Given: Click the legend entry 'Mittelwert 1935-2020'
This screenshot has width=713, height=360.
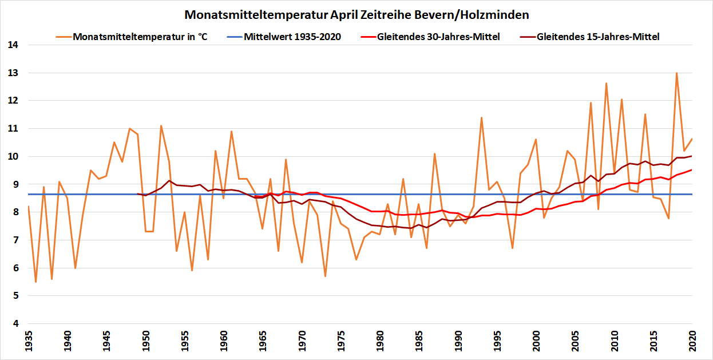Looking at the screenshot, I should click(292, 37).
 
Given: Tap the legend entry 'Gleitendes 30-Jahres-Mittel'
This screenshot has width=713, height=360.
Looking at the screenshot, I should click(438, 37).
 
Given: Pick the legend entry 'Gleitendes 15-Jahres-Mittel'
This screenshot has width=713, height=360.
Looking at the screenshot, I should click(598, 37).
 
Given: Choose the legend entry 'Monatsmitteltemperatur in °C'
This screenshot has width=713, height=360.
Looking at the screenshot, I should click(140, 37).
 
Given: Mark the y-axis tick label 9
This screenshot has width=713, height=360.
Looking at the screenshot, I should click(12, 184).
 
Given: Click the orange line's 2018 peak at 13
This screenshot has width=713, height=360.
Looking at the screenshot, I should click(676, 73).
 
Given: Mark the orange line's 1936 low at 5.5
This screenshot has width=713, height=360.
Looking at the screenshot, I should click(35, 282).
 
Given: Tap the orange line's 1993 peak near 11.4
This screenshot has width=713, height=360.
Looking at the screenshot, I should click(481, 117).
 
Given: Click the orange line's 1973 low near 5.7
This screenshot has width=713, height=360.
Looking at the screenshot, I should click(325, 276).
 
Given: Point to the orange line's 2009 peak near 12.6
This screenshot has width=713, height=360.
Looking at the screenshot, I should click(606, 84).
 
